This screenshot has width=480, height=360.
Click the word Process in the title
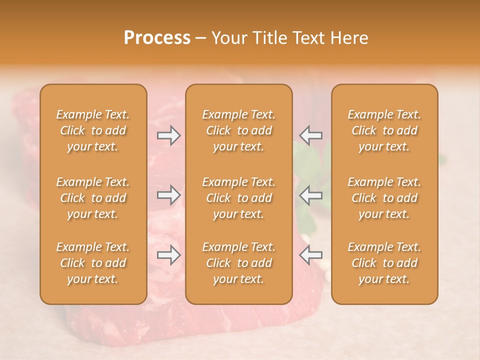157,38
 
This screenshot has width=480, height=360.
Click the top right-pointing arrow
169,135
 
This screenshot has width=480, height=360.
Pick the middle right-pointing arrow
169,195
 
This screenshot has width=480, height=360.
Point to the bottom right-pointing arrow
169,255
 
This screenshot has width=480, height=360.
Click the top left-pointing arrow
310,135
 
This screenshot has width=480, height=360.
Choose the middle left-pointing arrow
310,195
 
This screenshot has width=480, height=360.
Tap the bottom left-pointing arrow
310,255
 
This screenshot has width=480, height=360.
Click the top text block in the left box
93,130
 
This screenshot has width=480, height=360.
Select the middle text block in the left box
93,198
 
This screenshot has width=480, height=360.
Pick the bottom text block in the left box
93,263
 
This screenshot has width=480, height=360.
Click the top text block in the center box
238,130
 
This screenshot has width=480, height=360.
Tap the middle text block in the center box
238,198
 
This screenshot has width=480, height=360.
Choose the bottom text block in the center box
238,263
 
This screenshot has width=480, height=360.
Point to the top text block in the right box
384,130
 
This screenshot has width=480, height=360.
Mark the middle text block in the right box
384,198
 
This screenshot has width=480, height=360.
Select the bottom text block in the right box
384,263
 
